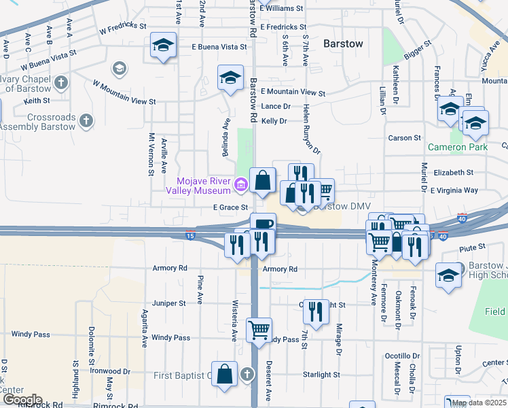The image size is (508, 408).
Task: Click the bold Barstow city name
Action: pyautogui.click(x=343, y=43)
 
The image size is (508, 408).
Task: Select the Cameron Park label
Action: pyautogui.click(x=457, y=147)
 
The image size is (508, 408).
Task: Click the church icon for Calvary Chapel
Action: pyautogui.click(x=61, y=83)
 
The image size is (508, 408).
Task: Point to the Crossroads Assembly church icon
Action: pyautogui.click(x=86, y=121)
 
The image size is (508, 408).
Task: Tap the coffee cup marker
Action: pyautogui.click(x=263, y=224)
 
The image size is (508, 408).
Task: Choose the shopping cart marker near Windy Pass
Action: pyautogui.click(x=259, y=330)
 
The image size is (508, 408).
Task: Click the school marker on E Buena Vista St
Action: pyautogui.click(x=163, y=46)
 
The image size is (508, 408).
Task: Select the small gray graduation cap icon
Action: pyautogui.click(x=120, y=68)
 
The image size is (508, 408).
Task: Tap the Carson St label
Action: pyautogui.click(x=404, y=138)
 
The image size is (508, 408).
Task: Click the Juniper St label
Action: pyautogui.click(x=169, y=303)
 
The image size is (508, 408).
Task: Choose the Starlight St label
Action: pyautogui.click(x=321, y=375)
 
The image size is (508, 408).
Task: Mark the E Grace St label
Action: pyautogui.click(x=229, y=207)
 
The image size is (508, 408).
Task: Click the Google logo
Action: pyautogui.click(x=22, y=400)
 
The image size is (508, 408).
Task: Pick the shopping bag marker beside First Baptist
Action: pyautogui.click(x=225, y=373)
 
